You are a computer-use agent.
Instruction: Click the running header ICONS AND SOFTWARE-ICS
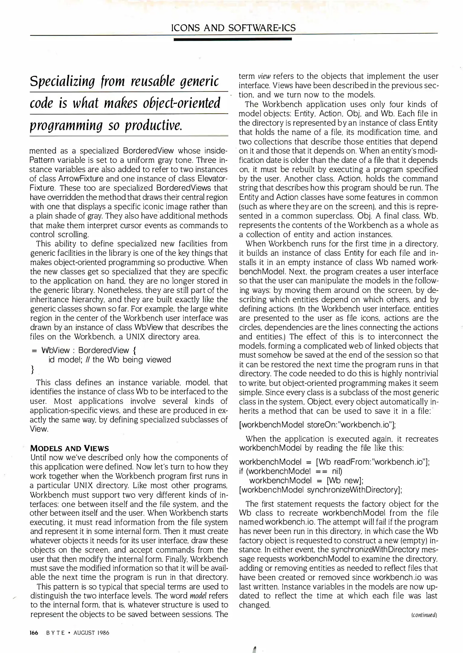[x=233, y=28]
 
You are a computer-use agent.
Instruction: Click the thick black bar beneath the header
[x=233, y=39]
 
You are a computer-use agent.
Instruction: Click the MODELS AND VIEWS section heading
[x=69, y=448]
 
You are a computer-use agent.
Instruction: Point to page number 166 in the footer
[x=34, y=633]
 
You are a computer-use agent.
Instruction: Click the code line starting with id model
[x=110, y=360]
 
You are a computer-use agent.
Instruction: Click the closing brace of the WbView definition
[x=32, y=369]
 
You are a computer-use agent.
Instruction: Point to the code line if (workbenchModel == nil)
[x=291, y=471]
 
